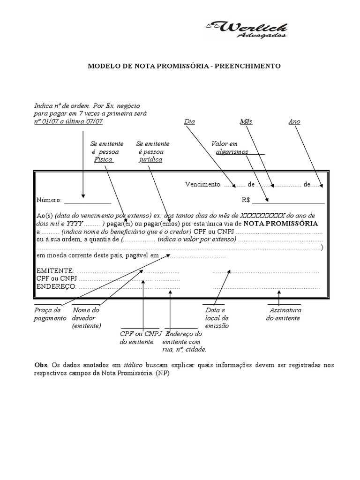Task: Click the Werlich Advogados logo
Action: [247, 30]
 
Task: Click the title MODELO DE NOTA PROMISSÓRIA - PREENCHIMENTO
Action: [184, 66]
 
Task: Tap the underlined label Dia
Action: [189, 121]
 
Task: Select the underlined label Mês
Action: [246, 121]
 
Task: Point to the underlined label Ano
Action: [294, 121]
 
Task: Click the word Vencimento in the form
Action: [202, 185]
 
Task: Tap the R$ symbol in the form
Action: [246, 200]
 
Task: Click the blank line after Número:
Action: [88, 201]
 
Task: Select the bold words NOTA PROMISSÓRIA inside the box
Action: [280, 224]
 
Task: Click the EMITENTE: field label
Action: [55, 271]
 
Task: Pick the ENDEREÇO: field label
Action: [56, 287]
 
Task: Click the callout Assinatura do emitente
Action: [284, 314]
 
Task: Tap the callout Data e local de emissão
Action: [217, 318]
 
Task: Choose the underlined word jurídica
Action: [150, 160]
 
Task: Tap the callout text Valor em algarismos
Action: [232, 148]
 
